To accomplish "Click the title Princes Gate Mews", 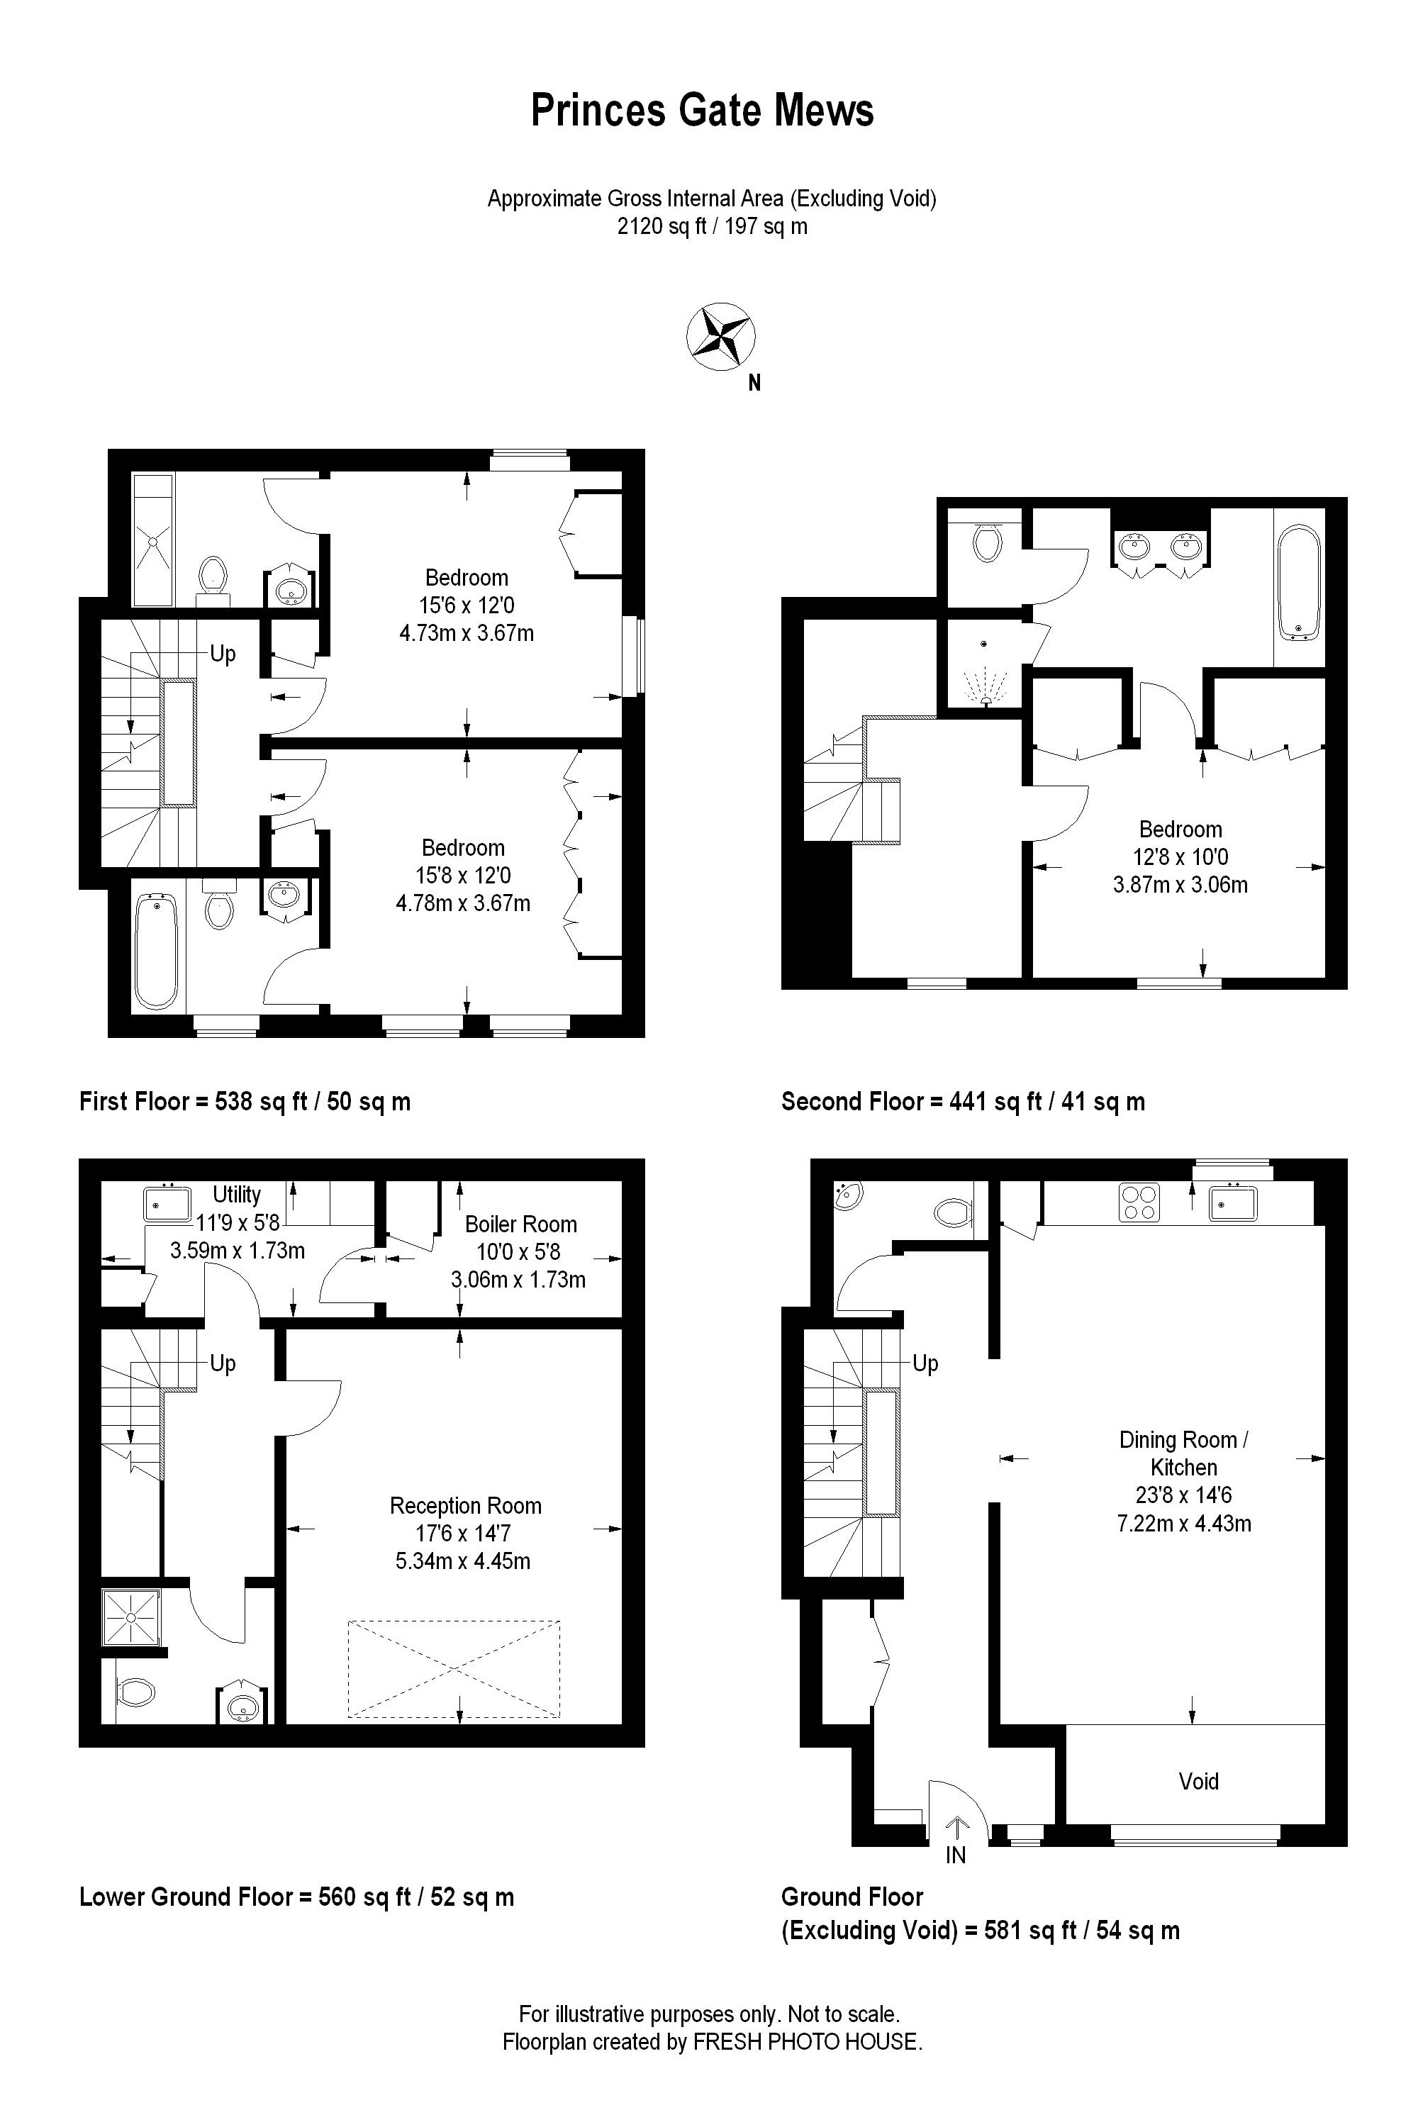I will [x=702, y=111].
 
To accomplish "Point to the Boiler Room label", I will [x=521, y=1224].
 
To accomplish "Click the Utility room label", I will [x=237, y=1194].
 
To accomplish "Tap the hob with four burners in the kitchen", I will [x=1139, y=1202].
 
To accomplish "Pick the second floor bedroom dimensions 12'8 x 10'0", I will [x=1180, y=856].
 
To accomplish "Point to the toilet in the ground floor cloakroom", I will [x=952, y=1211].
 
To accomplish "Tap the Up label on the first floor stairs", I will [x=223, y=653].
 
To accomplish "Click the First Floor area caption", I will [x=245, y=1102].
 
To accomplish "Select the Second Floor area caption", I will [x=963, y=1102].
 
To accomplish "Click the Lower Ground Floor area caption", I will [x=296, y=1897].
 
